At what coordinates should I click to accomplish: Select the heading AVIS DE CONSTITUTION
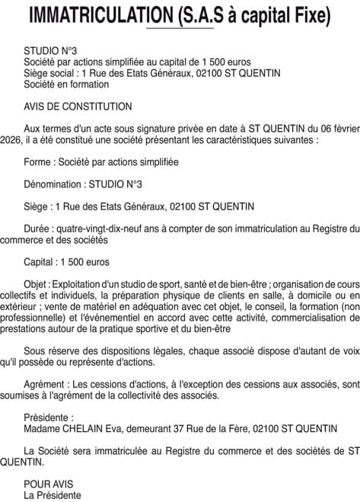point(78,107)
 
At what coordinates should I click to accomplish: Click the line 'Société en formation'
point(66,85)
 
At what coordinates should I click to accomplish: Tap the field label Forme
point(38,162)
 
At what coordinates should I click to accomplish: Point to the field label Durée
point(38,229)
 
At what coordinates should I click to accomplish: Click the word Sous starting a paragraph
point(35,351)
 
